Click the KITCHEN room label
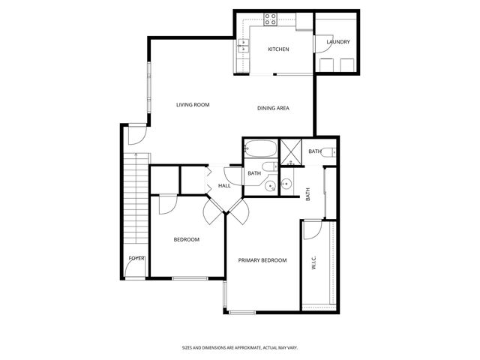279,49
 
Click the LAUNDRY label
338,42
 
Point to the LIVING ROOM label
193,105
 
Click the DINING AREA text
274,109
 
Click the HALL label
224,186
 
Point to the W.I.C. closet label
313,263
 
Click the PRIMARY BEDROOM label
262,260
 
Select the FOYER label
136,259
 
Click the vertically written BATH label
308,193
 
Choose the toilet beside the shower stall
328,153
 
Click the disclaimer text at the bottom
239,348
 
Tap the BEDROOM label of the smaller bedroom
187,240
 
